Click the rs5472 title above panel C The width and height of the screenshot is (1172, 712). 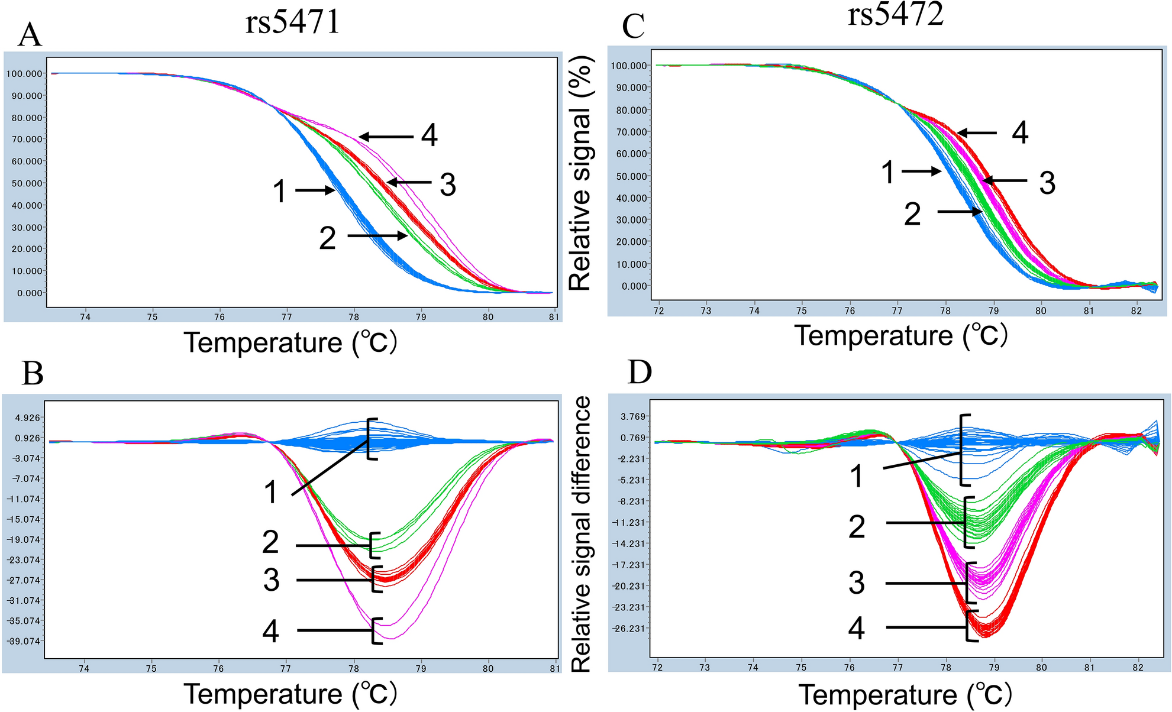[x=895, y=14]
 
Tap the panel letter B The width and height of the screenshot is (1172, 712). [x=33, y=374]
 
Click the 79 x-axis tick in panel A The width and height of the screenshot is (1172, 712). [x=421, y=317]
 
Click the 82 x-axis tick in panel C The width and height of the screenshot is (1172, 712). [x=1137, y=310]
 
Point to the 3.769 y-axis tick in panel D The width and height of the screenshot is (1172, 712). [x=632, y=416]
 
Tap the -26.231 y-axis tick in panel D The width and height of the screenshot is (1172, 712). [x=629, y=628]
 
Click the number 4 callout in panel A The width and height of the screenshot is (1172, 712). [x=430, y=136]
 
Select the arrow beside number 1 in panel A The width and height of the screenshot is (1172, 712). [x=315, y=190]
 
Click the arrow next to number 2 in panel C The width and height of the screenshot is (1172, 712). [x=959, y=211]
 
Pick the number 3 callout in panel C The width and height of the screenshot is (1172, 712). [x=1047, y=183]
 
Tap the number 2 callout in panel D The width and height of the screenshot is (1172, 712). [x=857, y=526]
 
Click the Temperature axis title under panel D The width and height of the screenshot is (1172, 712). [x=905, y=695]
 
